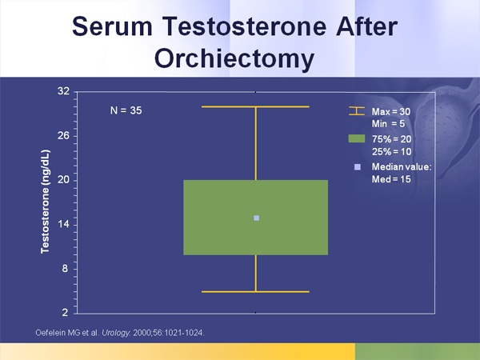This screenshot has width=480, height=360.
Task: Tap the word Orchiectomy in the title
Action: pos(240,58)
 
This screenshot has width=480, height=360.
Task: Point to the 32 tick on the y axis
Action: pos(63,91)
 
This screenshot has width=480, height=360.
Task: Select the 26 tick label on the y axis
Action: pos(63,136)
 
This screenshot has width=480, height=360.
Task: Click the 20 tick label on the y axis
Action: pos(63,180)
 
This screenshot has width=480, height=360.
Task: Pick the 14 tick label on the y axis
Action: pos(63,225)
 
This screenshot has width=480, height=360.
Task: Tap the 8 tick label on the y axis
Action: pos(66,269)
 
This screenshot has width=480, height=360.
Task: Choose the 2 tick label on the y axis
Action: pos(66,311)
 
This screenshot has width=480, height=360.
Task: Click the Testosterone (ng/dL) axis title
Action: pos(46,201)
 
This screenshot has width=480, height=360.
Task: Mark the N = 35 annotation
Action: pos(126,110)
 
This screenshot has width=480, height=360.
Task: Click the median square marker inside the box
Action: pos(256,218)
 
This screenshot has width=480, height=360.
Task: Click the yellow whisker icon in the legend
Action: pos(357,111)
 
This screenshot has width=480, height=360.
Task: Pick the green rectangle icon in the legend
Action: pos(357,139)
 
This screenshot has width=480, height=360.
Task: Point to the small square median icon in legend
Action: pos(357,166)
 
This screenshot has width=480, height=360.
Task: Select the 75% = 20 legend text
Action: pos(392,139)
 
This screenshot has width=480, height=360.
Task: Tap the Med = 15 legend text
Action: pos(391,179)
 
